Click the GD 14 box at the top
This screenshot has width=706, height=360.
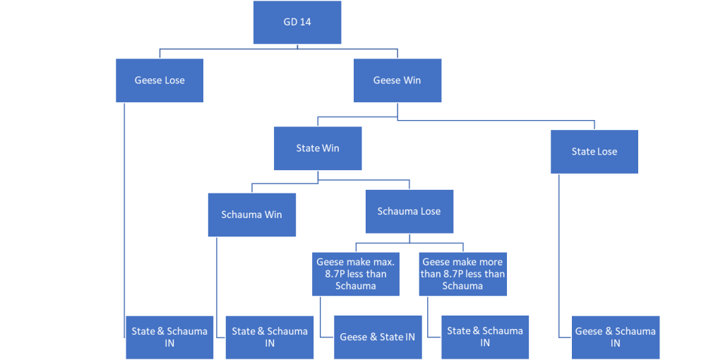pos(297,23)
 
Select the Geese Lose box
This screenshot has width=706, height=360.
pos(160,80)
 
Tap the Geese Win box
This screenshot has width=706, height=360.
pos(397,80)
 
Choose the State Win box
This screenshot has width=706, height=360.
pos(318,149)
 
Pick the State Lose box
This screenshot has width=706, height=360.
pos(594,152)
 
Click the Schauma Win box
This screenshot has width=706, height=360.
pos(251,215)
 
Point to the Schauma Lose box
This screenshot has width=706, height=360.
pos(409,211)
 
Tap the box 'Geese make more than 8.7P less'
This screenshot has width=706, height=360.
pos(462,274)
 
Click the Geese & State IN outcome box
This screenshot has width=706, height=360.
pos(377,337)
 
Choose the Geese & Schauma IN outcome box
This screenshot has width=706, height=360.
pos(615,337)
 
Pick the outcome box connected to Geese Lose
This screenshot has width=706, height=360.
pos(169,337)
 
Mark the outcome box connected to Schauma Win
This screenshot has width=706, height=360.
pos(270,337)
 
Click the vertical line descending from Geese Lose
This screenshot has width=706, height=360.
pos(125,212)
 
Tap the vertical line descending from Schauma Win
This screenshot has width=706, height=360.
pos(217,282)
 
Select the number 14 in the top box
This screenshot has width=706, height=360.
pos(305,23)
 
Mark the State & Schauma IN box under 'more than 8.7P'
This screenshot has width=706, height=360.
pos(485,337)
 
